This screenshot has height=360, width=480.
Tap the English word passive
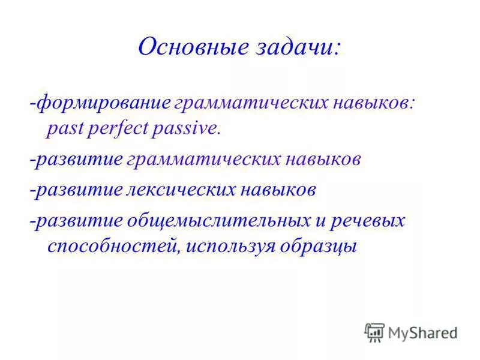(188, 129)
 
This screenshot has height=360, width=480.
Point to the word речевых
(371, 221)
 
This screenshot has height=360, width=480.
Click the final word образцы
(323, 247)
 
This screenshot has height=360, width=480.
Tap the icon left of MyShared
(374, 332)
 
